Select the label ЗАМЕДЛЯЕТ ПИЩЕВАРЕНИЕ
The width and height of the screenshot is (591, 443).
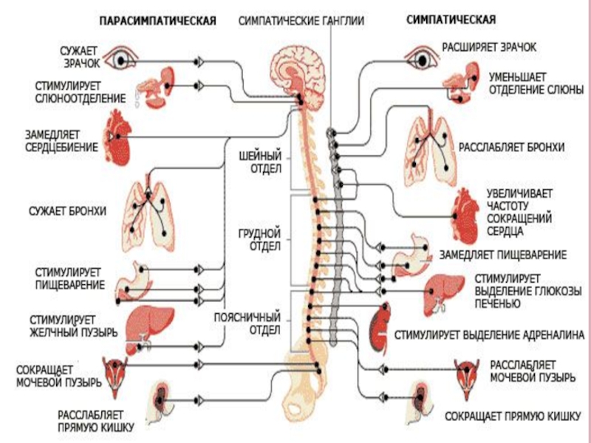tap(503, 255)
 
